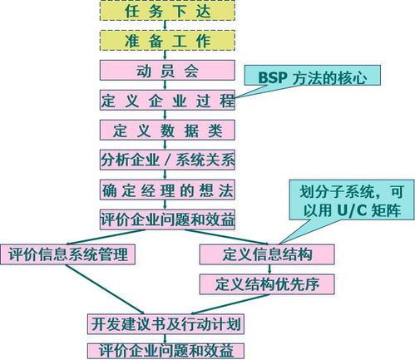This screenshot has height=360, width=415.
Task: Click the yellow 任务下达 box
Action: click(x=167, y=11)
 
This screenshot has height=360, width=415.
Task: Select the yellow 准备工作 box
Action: click(x=167, y=41)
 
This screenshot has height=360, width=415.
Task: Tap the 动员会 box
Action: click(x=167, y=71)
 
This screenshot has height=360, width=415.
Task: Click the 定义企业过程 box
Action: click(x=167, y=100)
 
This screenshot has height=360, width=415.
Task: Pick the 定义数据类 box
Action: click(x=167, y=130)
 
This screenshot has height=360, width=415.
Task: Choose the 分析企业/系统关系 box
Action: click(x=167, y=160)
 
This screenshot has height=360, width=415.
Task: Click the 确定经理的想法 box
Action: click(x=167, y=190)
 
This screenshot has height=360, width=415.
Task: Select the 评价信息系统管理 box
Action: click(x=67, y=254)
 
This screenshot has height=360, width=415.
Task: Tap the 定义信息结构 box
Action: click(x=267, y=254)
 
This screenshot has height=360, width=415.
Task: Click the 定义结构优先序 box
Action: click(x=267, y=284)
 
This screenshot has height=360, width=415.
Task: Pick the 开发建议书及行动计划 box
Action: click(x=166, y=324)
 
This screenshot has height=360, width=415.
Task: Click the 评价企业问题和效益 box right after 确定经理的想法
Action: click(x=167, y=219)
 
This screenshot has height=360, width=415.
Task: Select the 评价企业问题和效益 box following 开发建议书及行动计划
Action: click(x=166, y=351)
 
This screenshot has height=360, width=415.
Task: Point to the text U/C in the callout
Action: click(x=352, y=210)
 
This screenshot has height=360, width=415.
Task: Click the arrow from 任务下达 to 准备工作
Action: click(x=166, y=25)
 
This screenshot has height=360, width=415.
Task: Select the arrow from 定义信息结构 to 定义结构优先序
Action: click(x=269, y=269)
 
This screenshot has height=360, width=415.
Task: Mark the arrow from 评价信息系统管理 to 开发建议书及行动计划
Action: click(x=105, y=289)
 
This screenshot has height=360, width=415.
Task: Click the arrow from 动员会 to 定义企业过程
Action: click(x=166, y=85)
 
